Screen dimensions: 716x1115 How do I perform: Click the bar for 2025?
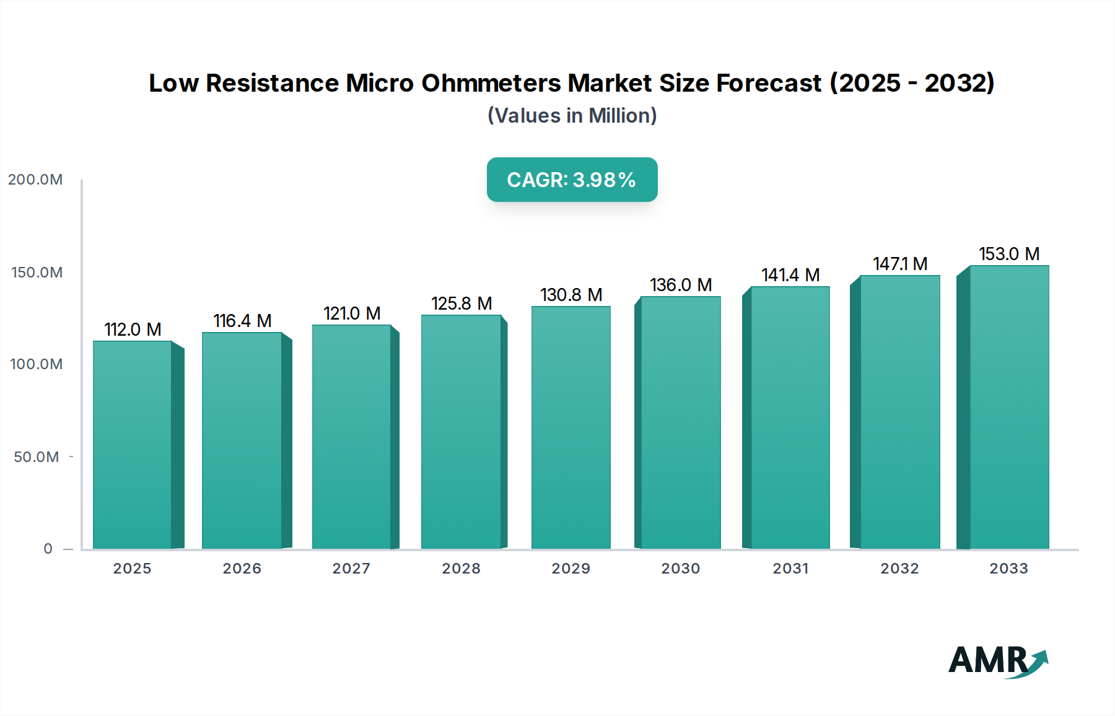point(133,445)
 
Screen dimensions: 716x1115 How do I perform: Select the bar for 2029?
point(571,427)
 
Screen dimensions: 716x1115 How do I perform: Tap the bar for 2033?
point(1008,407)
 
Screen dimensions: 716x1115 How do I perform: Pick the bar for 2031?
point(790,417)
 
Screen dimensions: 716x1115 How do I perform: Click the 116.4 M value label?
point(242,321)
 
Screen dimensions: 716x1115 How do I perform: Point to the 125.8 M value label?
point(461,303)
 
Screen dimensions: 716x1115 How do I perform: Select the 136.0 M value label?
point(681,285)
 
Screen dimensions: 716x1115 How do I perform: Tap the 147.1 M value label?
point(900,264)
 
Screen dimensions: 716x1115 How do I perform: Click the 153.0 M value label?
point(1008,254)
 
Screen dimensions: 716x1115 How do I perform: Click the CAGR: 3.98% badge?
point(572,180)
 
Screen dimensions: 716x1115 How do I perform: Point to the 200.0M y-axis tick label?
point(35,180)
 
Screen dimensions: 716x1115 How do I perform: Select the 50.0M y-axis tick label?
point(37,457)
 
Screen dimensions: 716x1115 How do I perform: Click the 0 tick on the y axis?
point(48,549)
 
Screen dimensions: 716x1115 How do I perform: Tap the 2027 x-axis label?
point(351,569)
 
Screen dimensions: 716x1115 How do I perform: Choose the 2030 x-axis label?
point(680,569)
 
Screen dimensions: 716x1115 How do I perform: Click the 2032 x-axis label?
point(899,569)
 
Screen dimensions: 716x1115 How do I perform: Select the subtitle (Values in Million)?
point(572,116)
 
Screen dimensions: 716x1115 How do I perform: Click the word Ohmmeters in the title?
point(491,83)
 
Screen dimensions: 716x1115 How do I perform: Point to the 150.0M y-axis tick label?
point(37,273)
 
